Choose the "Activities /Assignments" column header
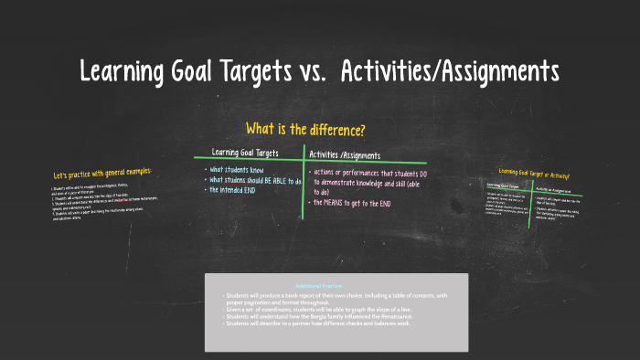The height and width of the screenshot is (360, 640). tap(345, 154)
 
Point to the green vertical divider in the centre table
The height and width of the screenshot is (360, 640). tap(304, 183)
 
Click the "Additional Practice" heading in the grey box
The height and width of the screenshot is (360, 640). tap(336, 286)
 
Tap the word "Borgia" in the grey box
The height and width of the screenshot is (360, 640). tap(338, 316)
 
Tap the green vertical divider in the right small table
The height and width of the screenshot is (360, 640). tap(532, 202)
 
